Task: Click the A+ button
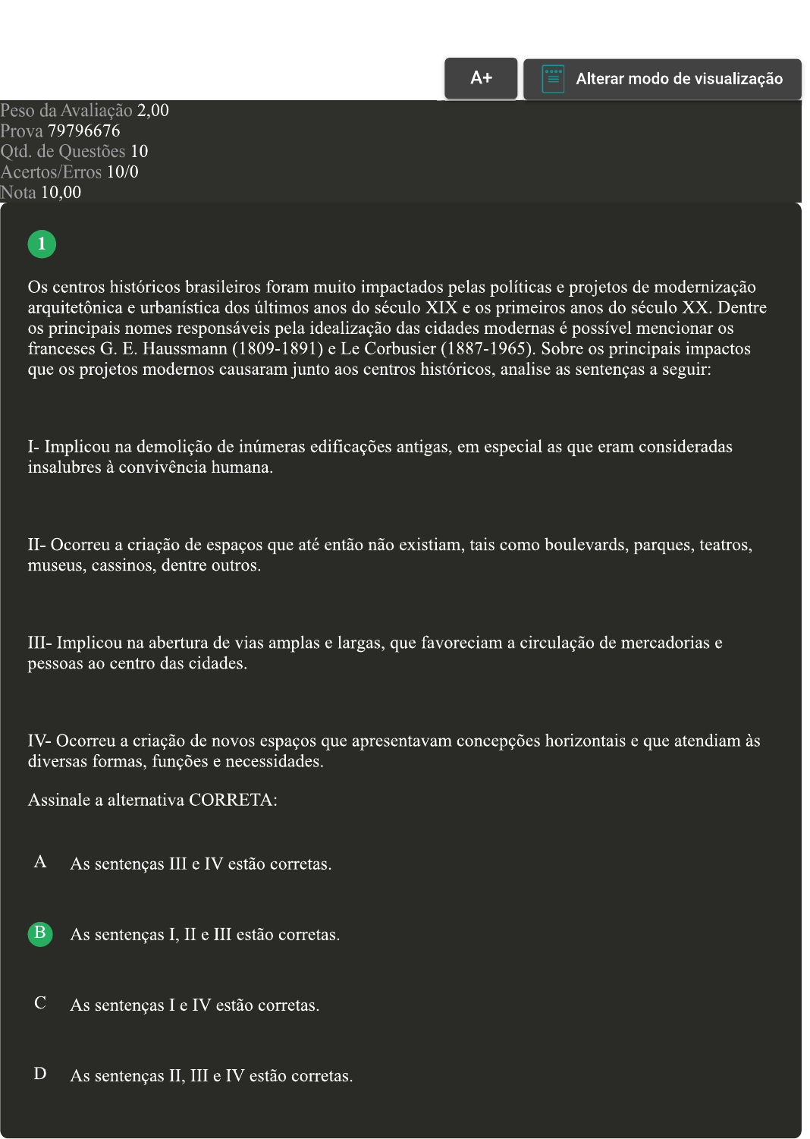[x=481, y=78]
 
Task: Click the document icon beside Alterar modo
[x=553, y=79]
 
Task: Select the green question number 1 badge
[x=42, y=244]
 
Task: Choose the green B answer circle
[x=40, y=933]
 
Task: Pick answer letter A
[x=40, y=862]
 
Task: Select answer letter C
[x=40, y=1003]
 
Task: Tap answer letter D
[x=40, y=1074]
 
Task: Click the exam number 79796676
[x=83, y=131]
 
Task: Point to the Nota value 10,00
[x=61, y=193]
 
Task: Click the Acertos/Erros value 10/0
[x=122, y=172]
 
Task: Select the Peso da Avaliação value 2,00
[x=152, y=111]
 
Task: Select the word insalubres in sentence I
[x=64, y=467]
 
